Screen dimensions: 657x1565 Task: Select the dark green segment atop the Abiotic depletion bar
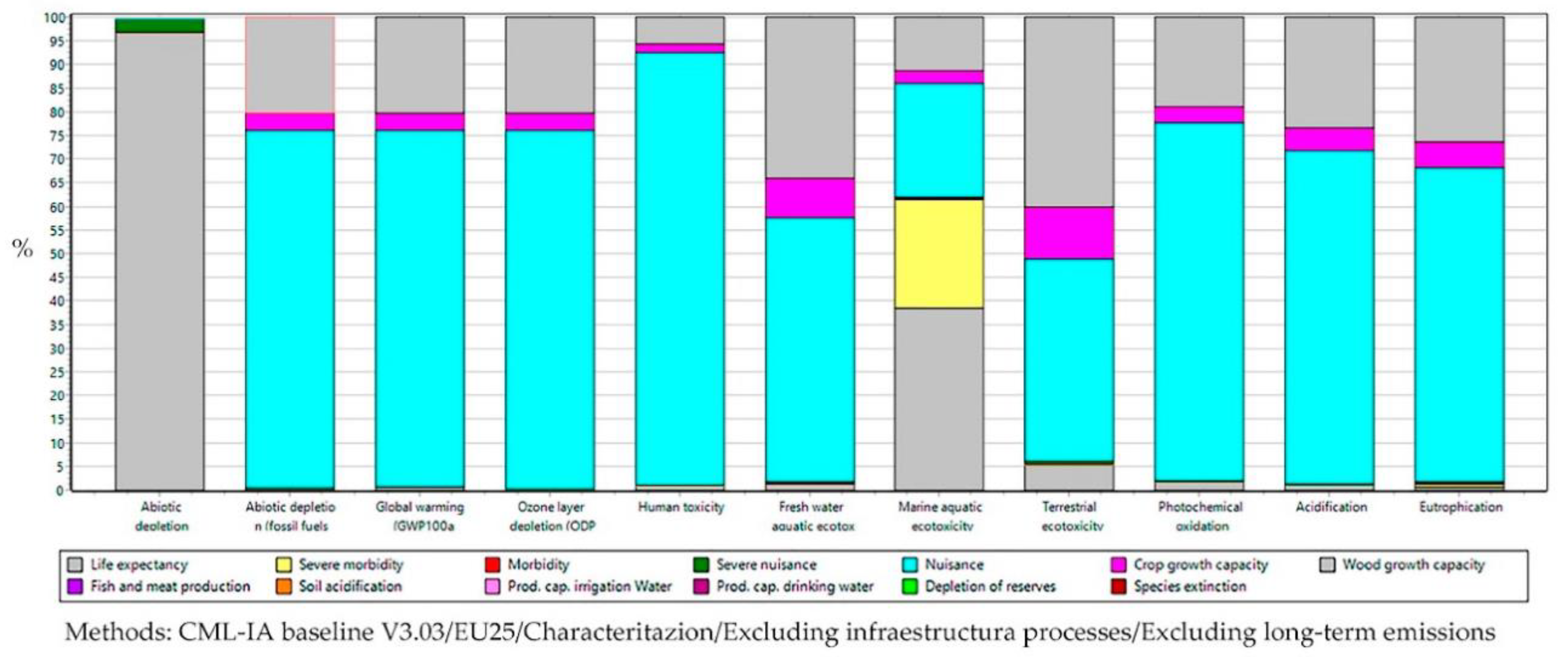pos(159,25)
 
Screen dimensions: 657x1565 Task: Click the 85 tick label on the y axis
pos(56,89)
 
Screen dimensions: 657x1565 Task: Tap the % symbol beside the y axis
pos(23,248)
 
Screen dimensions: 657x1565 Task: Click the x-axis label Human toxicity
pos(680,507)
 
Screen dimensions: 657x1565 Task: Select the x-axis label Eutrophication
pos(1460,507)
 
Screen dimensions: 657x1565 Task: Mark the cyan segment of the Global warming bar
pos(419,303)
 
